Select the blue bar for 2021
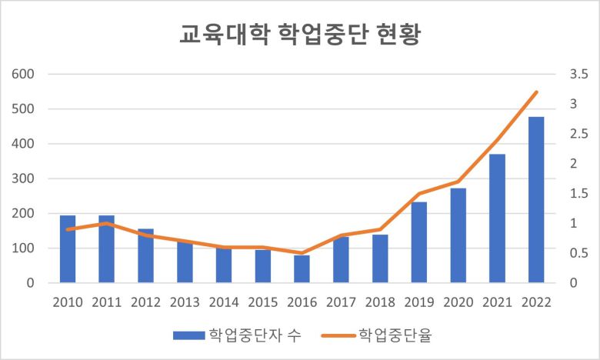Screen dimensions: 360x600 coord(497,218)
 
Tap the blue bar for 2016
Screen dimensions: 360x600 coord(302,269)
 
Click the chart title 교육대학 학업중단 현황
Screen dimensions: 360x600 coord(299,35)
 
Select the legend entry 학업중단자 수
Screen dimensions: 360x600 coord(238,335)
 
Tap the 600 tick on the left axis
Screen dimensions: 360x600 coord(24,75)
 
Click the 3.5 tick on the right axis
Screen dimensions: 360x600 coord(576,75)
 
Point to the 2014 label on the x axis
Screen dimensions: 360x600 coord(224,302)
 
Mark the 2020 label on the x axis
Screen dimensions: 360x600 coord(458,302)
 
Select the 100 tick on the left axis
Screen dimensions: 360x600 coord(24,248)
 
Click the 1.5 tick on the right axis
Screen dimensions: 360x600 coord(576,194)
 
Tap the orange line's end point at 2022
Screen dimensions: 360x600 coord(536,92)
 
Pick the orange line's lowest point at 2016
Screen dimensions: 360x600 coord(302,253)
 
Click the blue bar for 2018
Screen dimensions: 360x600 coord(380,258)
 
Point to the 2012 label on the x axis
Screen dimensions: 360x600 coord(145,302)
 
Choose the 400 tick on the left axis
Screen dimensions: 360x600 coord(24,144)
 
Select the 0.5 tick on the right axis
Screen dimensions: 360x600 coord(576,253)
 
